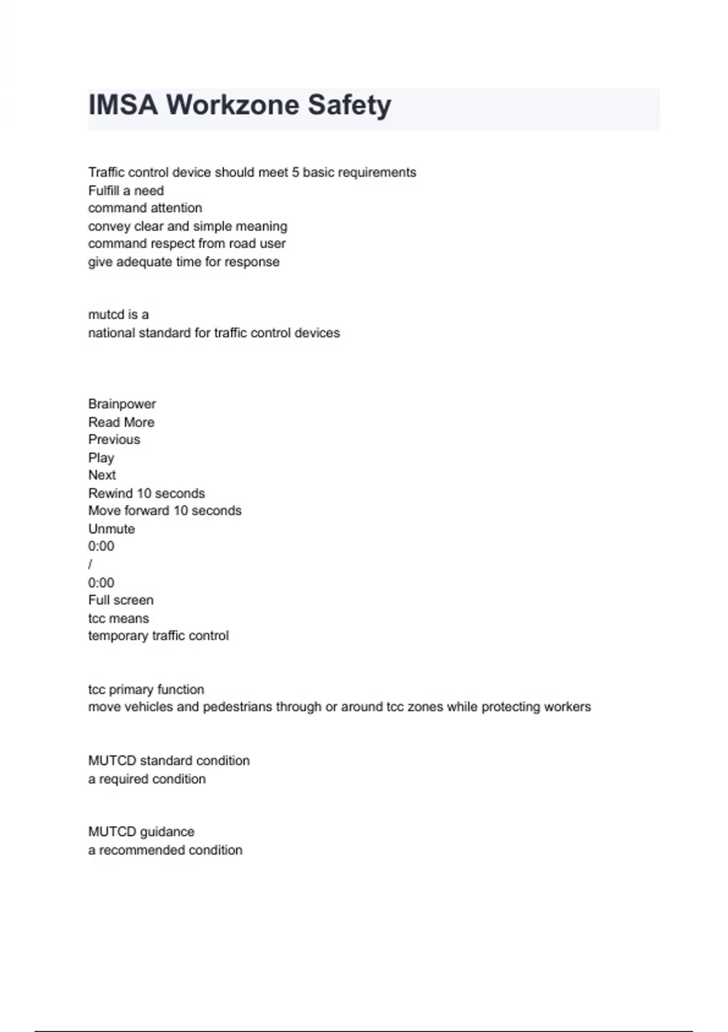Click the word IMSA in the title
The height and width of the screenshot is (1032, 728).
tap(123, 104)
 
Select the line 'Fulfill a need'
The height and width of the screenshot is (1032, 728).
tap(126, 191)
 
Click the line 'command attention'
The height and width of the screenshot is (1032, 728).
tap(145, 208)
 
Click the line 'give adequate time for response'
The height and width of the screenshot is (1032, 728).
tap(184, 262)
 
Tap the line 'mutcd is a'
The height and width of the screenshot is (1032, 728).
tap(118, 314)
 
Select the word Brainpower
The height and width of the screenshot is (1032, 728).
tap(122, 404)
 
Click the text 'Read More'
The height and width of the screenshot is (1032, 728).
tap(121, 423)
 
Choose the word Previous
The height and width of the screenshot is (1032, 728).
tap(114, 440)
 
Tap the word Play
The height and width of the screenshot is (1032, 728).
tap(101, 458)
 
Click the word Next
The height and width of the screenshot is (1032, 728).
tap(102, 475)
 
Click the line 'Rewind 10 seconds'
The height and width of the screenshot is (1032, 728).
tap(146, 494)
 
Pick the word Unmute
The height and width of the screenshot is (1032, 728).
tap(112, 529)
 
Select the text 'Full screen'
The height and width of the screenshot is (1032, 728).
tap(121, 600)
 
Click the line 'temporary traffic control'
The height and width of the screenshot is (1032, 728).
tap(158, 636)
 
